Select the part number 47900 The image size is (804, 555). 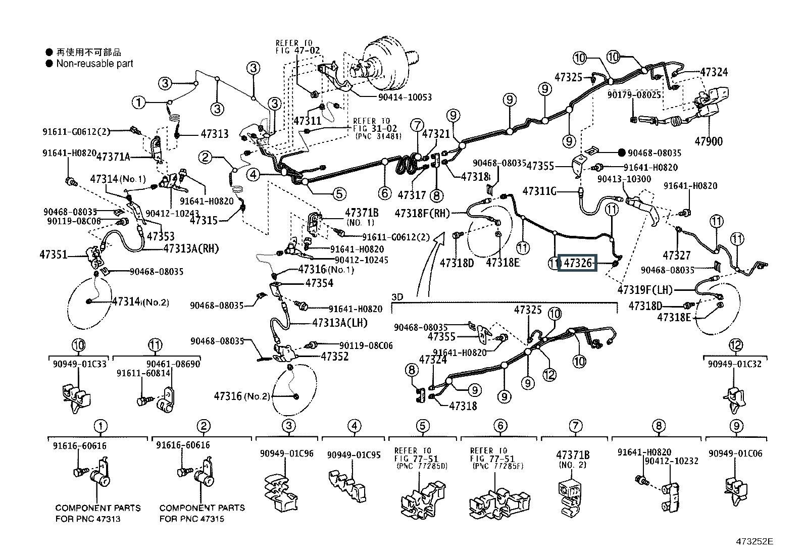[x=709, y=142]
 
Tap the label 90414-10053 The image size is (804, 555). [x=405, y=97]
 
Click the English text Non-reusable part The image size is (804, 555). [x=94, y=64]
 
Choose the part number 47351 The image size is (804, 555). [x=53, y=255]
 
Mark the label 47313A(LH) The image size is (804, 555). [x=339, y=323]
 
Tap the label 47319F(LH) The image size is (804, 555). [x=645, y=290]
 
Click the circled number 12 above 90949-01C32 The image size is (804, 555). [x=736, y=345]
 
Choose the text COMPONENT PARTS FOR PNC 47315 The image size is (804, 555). [x=202, y=513]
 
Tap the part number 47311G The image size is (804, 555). [x=539, y=191]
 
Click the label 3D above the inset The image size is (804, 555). [x=397, y=297]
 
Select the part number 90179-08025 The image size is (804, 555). [x=634, y=94]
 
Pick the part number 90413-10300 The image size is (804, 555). [x=624, y=179]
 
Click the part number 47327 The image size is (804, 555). [x=677, y=256]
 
